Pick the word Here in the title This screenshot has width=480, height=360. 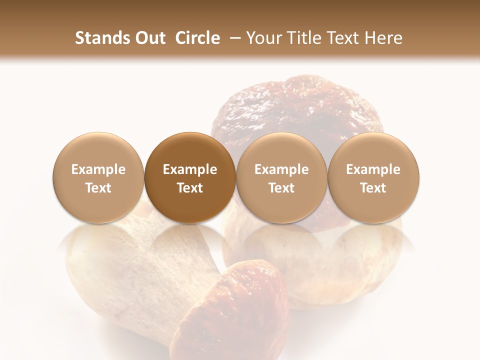(x=384, y=38)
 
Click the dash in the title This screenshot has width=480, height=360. (x=232, y=38)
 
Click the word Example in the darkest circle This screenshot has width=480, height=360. (x=190, y=170)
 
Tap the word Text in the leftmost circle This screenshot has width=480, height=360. (x=98, y=188)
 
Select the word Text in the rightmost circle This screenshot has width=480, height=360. (x=373, y=188)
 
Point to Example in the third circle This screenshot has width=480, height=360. (x=281, y=170)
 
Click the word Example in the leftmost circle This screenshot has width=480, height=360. (x=98, y=170)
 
